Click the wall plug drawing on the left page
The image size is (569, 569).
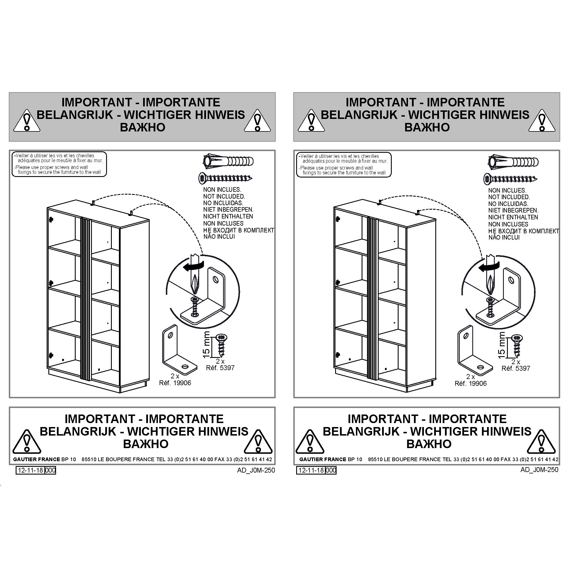228,161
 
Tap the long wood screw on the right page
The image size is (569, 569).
510,179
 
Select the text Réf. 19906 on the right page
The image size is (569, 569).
471,384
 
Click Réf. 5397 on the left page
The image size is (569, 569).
220,368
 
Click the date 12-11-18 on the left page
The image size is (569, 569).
30,470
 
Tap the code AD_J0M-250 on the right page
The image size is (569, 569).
539,470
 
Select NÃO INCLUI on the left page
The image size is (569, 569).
219,237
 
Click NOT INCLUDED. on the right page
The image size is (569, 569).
509,197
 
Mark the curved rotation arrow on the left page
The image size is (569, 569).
193,266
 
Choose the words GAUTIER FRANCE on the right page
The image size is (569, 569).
323,459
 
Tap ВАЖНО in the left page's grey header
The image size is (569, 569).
143,127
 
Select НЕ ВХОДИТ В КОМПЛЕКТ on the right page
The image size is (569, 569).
524,231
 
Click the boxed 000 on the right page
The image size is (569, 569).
331,470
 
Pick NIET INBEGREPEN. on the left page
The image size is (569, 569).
228,210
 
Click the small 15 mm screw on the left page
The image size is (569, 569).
221,345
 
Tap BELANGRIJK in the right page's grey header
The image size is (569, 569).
359,115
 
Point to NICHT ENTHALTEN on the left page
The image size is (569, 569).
228,217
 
